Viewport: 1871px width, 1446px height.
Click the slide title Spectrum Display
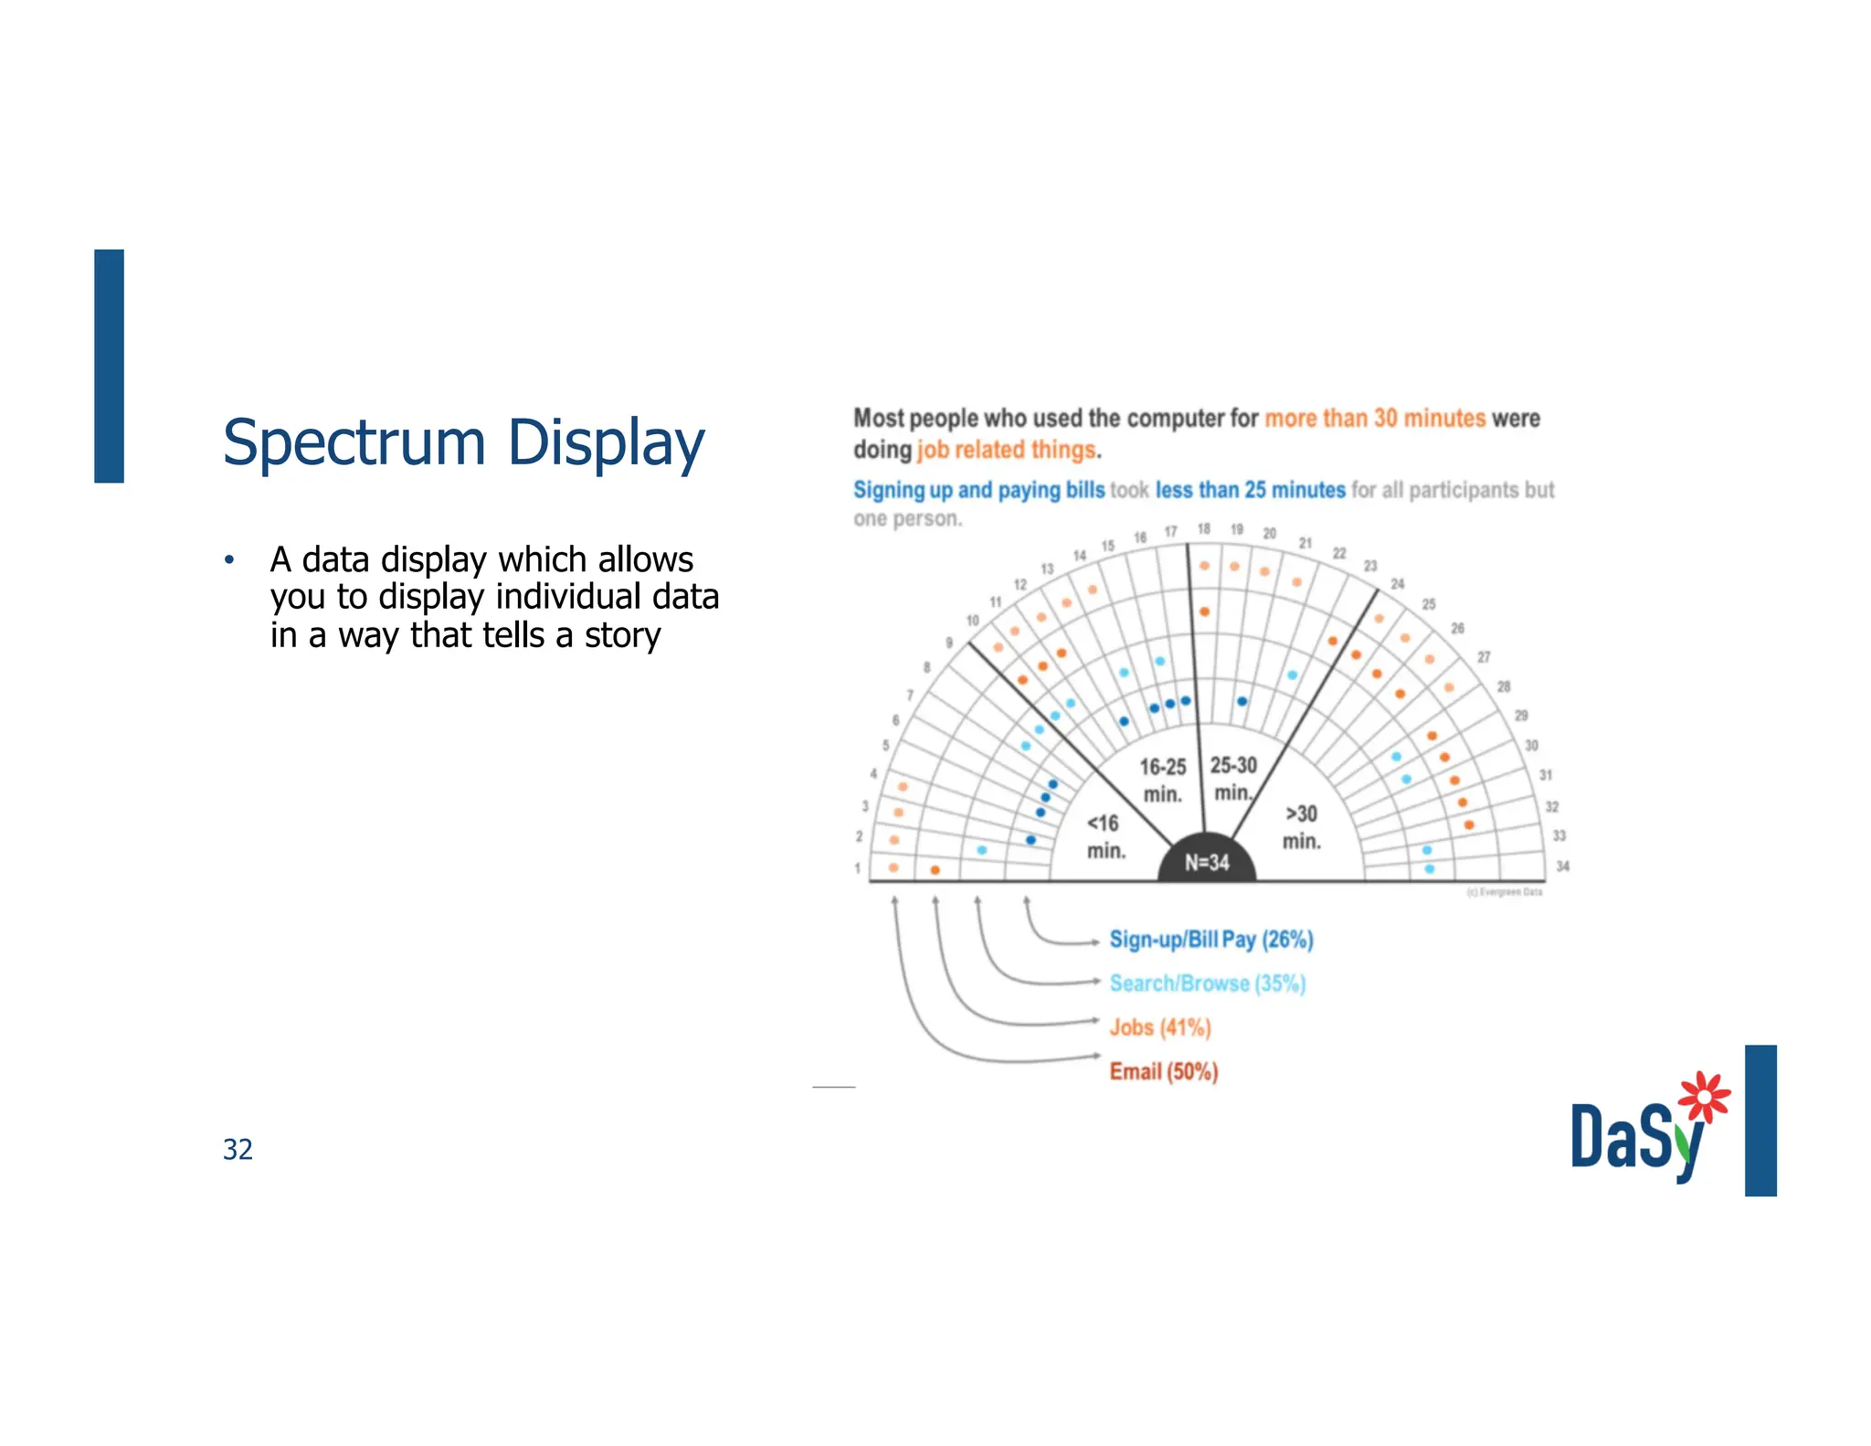point(463,443)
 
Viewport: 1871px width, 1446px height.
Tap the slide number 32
point(238,1149)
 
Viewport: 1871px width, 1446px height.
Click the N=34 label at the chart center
point(1207,862)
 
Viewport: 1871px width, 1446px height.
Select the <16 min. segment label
point(1105,836)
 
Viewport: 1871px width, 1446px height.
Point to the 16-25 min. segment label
point(1162,780)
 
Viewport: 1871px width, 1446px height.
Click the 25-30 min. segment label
point(1233,778)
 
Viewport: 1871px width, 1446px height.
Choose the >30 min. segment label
point(1302,827)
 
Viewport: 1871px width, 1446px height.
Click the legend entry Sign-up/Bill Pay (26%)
point(1210,940)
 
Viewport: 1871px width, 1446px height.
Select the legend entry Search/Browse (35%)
point(1207,983)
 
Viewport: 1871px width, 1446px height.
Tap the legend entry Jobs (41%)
point(1160,1027)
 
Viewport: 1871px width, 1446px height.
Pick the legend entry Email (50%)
point(1164,1071)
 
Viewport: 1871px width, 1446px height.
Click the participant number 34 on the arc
point(1563,866)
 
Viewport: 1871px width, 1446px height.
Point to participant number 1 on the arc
point(857,868)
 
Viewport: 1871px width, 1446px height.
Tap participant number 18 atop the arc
point(1204,528)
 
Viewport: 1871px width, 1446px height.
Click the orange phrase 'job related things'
point(1006,450)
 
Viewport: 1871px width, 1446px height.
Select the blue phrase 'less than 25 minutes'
point(1250,490)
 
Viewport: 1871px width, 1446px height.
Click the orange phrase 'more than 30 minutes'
point(1375,419)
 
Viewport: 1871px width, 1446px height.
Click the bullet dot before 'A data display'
point(229,559)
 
